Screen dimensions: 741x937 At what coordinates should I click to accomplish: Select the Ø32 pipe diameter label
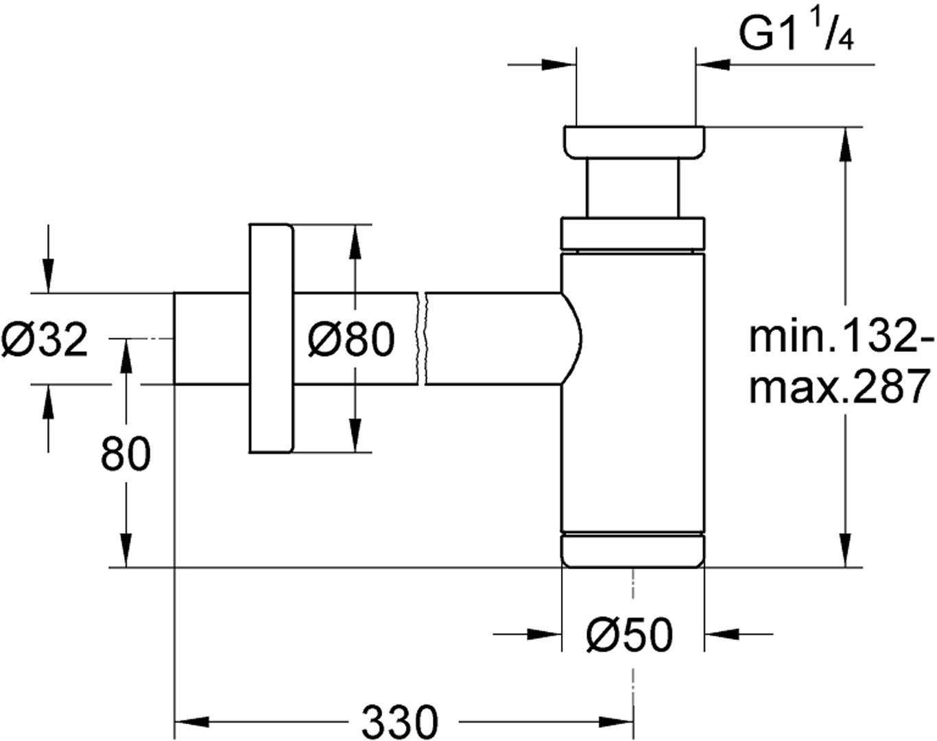click(45, 339)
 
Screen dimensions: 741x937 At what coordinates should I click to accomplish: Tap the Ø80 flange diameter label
click(352, 339)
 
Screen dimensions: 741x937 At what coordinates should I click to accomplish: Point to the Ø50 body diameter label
click(629, 636)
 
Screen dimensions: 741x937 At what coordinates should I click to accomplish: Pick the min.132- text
click(840, 338)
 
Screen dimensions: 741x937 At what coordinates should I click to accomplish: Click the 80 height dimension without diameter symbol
click(126, 454)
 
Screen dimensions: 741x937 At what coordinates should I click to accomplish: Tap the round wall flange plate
click(271, 338)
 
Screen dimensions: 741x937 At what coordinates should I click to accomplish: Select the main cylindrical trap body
click(632, 391)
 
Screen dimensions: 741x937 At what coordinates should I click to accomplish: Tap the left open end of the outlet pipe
click(175, 339)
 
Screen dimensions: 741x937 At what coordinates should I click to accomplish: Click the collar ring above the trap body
click(632, 233)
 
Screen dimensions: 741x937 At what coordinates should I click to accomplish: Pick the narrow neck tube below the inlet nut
click(632, 188)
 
